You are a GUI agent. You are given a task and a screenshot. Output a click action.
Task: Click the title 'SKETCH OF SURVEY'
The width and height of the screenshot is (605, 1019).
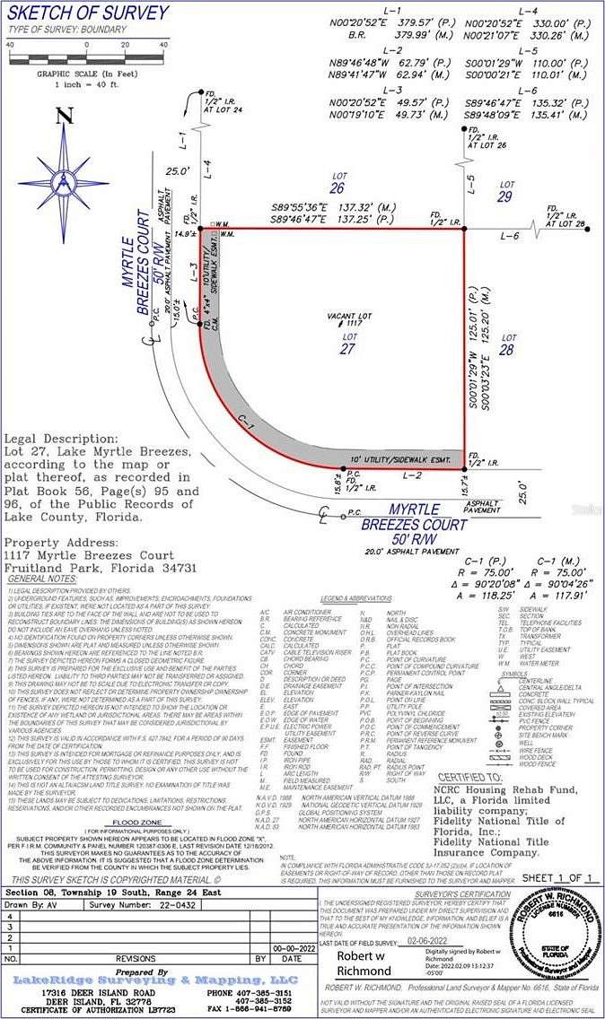[88, 13]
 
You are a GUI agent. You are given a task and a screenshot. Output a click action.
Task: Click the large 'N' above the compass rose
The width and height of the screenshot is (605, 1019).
[63, 116]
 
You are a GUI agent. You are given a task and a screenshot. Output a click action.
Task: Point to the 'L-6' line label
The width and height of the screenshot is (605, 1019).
[510, 235]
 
